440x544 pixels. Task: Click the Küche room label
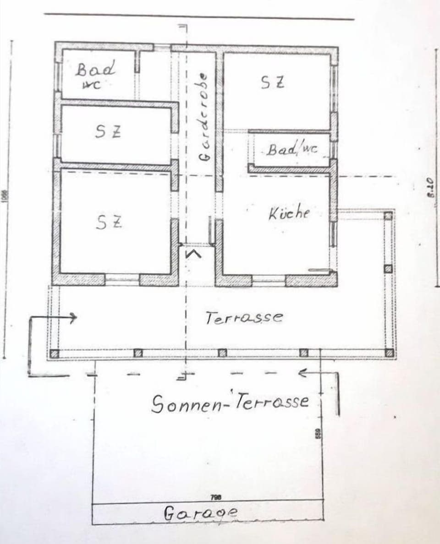(x=289, y=213)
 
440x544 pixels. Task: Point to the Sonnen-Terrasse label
(x=231, y=403)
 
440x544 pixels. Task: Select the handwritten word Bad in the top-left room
(x=96, y=69)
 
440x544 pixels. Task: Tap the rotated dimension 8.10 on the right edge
(x=430, y=188)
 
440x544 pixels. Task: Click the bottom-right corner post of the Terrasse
(x=389, y=353)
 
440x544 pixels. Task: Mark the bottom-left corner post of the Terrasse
(x=55, y=354)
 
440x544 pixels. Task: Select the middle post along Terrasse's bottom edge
(x=222, y=353)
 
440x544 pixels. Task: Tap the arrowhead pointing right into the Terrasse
(x=73, y=317)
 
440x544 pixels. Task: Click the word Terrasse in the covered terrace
(x=244, y=317)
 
